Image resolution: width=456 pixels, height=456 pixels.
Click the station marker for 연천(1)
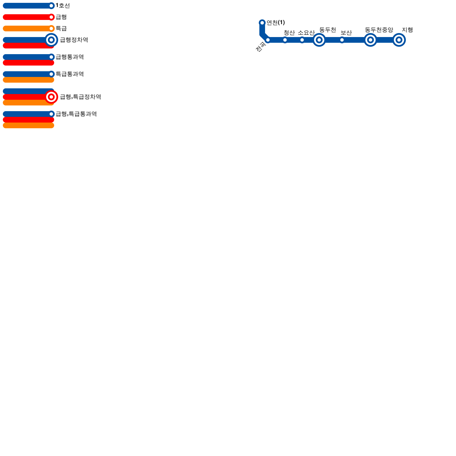pos(262,23)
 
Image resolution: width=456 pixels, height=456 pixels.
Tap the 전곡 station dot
pos(268,40)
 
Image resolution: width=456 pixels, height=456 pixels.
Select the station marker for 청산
pos(285,40)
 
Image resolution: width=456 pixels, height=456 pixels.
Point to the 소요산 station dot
pos(302,40)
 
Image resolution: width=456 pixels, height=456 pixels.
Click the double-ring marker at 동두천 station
pos(319,40)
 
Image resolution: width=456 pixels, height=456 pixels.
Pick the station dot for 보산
pos(342,40)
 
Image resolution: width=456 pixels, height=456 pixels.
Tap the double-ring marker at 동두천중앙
pos(370,40)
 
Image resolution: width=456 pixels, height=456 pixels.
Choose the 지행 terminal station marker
pos(399,40)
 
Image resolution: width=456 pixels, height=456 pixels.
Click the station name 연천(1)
pos(276,23)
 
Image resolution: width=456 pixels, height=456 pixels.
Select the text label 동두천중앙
pos(379,30)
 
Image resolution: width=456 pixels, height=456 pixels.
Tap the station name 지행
pos(407,30)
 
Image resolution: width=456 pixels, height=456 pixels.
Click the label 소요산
pos(306,33)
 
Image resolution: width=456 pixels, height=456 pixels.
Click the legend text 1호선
pos(63,6)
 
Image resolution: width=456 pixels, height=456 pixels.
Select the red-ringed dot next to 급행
pos(51,17)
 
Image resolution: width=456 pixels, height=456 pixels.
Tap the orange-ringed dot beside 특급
pos(51,28)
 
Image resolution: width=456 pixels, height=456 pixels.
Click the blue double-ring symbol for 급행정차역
pos(51,40)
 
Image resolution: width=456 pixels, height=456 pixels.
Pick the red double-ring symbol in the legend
pos(51,97)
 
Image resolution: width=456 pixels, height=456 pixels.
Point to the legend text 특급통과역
pos(70,74)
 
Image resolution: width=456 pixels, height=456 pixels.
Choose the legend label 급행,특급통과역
pos(76,114)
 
